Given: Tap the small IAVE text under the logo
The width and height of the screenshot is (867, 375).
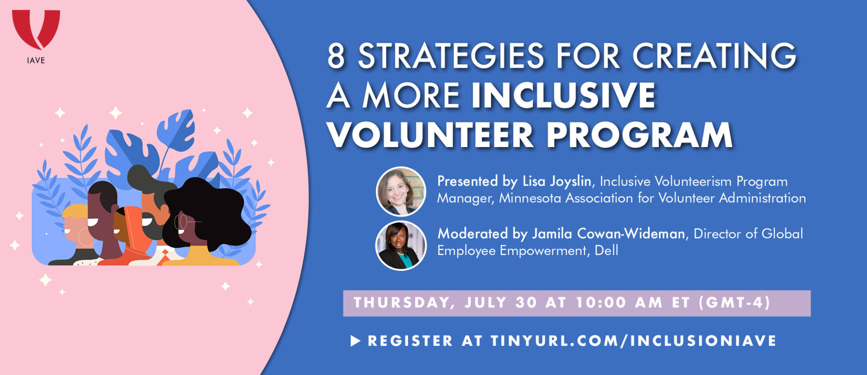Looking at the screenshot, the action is tap(36, 60).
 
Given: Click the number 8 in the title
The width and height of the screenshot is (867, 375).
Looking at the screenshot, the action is tap(336, 56).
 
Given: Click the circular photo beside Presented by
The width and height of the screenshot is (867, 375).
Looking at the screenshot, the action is tap(401, 191).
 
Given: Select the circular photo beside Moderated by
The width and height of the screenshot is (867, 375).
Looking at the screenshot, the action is tap(401, 245).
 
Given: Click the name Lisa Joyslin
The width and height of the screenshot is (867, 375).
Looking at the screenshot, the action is tap(557, 181).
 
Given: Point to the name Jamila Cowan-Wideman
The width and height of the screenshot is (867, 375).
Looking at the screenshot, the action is tap(608, 234).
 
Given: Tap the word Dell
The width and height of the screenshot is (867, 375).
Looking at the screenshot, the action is tap(606, 250).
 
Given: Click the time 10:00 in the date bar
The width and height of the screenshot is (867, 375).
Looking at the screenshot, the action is tap(601, 303).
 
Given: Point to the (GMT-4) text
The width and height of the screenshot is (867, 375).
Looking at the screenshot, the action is tap(735, 303).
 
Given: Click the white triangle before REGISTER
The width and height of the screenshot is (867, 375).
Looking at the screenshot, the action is tap(355, 341).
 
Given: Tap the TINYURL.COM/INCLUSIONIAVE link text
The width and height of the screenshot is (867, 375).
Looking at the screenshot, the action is tap(633, 341).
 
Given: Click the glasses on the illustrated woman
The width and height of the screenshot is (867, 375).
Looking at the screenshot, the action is tap(186, 222).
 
